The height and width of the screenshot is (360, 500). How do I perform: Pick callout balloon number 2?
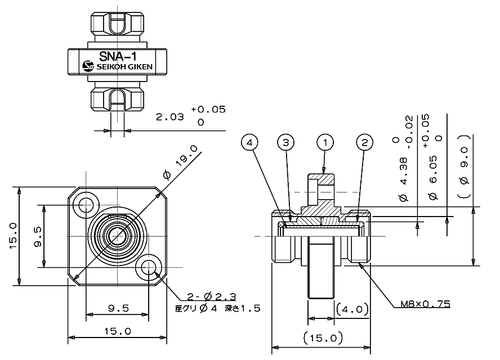[365, 143]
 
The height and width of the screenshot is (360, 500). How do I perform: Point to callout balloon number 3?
[285, 143]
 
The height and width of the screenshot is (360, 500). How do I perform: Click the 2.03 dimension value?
[169, 117]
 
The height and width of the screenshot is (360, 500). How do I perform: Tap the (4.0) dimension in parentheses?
[352, 308]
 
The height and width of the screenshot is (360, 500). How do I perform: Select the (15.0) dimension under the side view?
[322, 338]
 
